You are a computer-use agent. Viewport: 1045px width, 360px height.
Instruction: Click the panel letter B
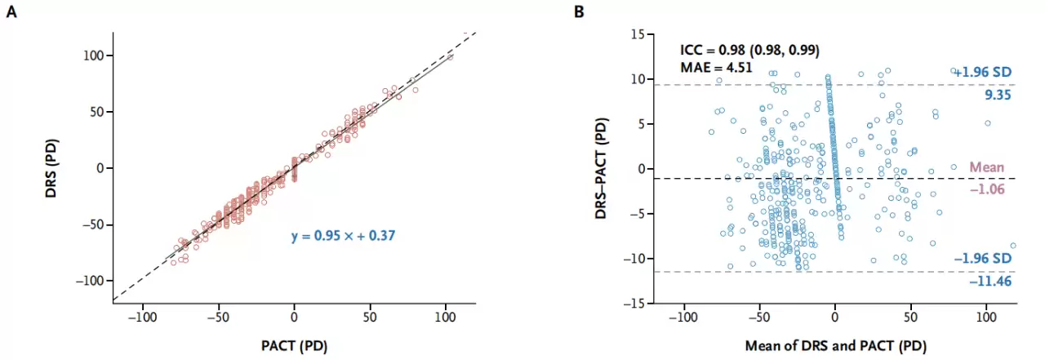point(579,12)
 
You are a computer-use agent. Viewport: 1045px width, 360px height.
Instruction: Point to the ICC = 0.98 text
point(749,51)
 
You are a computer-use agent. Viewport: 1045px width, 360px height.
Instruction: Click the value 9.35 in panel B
point(999,94)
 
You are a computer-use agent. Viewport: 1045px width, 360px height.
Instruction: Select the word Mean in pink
point(986,167)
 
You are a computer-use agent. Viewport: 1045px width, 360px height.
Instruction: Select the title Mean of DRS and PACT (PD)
point(835,345)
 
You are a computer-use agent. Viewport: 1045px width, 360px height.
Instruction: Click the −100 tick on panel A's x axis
point(143,316)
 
